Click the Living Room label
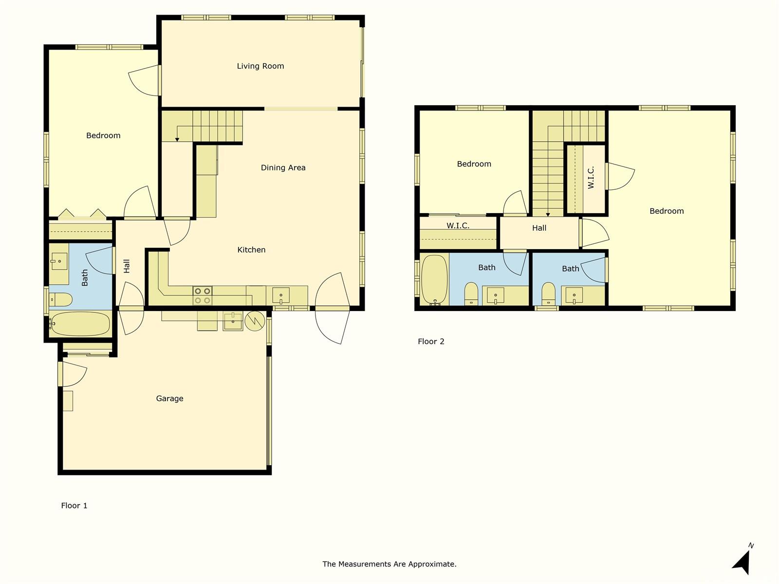coord(260,66)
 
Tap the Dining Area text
coord(283,168)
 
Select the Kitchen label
coord(251,250)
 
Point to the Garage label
coord(169,399)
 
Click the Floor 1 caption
coord(74,506)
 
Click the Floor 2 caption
coord(431,342)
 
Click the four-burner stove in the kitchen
coord(202,296)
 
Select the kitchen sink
coord(281,296)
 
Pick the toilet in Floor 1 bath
coord(60,300)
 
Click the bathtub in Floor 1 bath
coord(79,324)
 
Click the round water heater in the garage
coord(255,321)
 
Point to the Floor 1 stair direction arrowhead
coord(177,140)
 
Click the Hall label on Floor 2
coord(539,228)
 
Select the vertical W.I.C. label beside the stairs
coord(591,178)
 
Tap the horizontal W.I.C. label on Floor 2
coord(458,225)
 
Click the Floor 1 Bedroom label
coord(103,135)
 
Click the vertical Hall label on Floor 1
coord(127,266)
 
